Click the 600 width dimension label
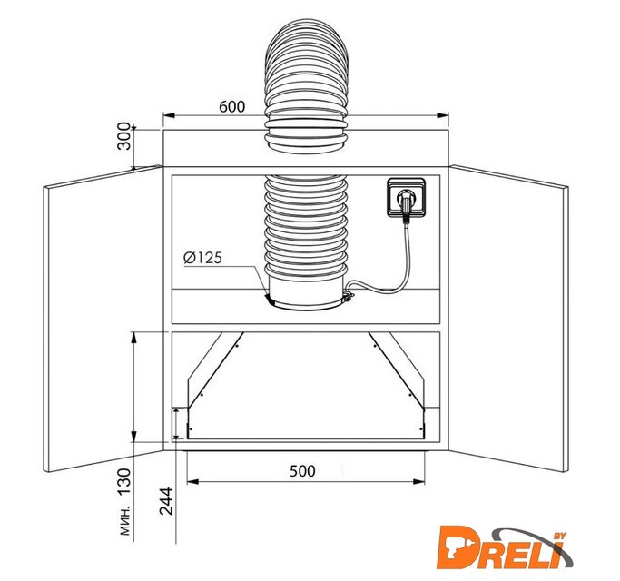click(231, 106)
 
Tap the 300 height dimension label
click(124, 136)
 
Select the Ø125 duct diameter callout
click(202, 258)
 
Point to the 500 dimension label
click(302, 471)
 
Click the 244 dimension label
click(166, 501)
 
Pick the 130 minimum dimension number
click(124, 481)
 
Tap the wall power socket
click(407, 197)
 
